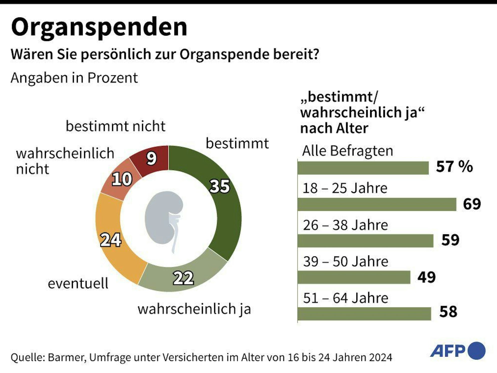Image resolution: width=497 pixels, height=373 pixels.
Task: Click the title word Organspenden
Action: click(x=99, y=28)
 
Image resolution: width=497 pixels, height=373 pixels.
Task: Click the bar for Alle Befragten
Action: click(x=363, y=168)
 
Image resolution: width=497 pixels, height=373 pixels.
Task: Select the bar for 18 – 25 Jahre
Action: click(x=377, y=204)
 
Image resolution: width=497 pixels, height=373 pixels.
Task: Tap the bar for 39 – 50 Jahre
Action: click(x=354, y=277)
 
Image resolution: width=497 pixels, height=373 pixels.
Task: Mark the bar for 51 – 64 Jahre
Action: click(x=364, y=314)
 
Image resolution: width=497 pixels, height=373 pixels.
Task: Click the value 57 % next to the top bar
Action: click(x=454, y=166)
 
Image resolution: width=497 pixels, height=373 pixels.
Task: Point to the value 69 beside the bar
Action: click(x=472, y=204)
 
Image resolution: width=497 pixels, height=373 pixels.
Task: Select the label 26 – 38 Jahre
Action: click(x=345, y=225)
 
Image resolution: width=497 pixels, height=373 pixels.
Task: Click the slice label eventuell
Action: click(x=78, y=283)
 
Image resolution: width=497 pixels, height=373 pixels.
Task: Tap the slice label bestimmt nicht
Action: click(x=115, y=126)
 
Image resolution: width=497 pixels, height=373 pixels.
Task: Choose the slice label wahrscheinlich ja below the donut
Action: click(x=194, y=309)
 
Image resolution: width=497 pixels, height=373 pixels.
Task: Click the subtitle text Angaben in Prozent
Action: click(x=74, y=78)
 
